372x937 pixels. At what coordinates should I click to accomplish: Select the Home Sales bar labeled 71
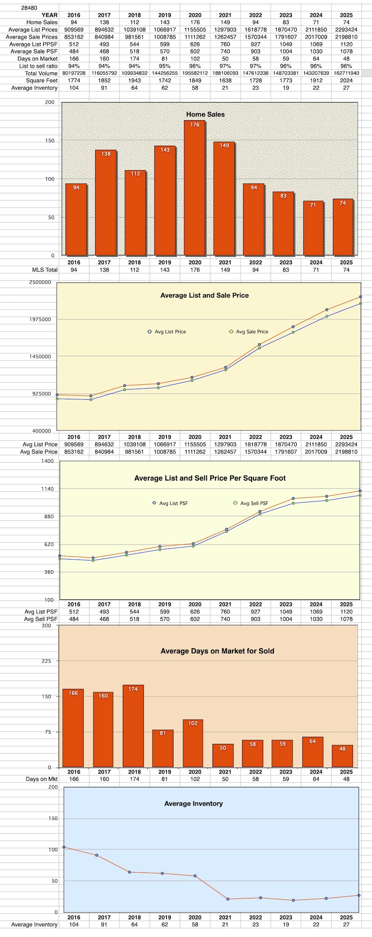point(313,228)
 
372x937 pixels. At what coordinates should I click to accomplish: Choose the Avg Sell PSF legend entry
point(251,503)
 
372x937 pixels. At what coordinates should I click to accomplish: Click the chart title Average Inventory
point(193,803)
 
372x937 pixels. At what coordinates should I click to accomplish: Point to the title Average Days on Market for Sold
point(217,651)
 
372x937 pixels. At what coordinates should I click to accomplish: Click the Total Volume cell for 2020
point(195,73)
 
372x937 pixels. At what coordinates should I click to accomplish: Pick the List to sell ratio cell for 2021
point(225,66)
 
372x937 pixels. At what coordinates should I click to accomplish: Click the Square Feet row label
point(42,80)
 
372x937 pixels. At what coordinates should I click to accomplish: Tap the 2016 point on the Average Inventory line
point(64,847)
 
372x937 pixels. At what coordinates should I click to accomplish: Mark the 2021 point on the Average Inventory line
point(228,899)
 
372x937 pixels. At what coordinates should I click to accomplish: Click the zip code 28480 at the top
point(29,8)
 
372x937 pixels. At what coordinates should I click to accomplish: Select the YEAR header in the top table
point(49,15)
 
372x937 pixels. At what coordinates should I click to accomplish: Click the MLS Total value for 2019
point(165,270)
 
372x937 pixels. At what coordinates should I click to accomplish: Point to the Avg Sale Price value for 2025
point(346,452)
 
